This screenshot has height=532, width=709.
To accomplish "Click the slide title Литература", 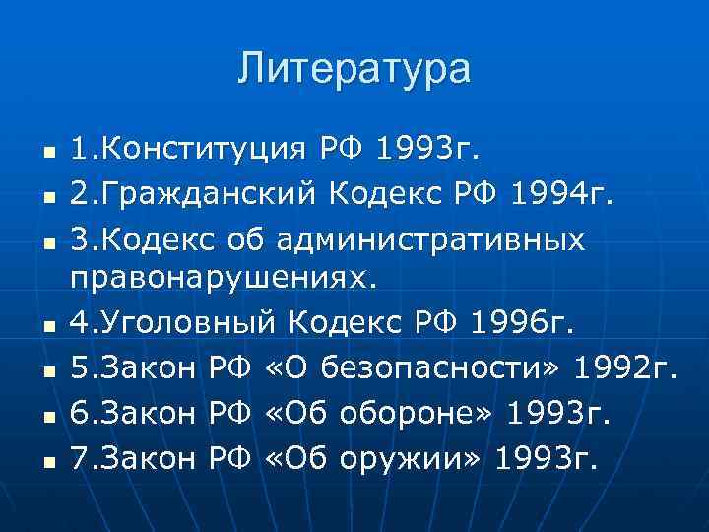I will pyautogui.click(x=354, y=69).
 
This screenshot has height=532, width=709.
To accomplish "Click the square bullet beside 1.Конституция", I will pyautogui.click(x=32, y=154).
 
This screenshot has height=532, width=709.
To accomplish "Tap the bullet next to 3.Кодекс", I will pyautogui.click(x=32, y=240).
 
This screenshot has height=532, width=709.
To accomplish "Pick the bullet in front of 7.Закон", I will pyautogui.click(x=32, y=461).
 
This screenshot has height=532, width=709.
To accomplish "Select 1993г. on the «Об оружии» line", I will pyautogui.click(x=545, y=457).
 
